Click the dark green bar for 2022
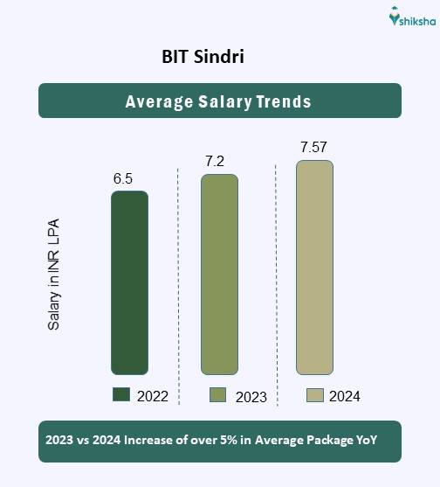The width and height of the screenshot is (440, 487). tap(129, 282)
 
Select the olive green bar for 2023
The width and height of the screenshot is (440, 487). tap(219, 275)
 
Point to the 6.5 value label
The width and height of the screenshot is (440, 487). tap(123, 179)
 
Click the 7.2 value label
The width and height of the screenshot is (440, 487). tap(216, 163)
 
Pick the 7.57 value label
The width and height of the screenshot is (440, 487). tap(313, 147)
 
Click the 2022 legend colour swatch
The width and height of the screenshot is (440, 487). tap(121, 395)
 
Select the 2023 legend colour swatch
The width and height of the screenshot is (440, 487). tap(218, 395)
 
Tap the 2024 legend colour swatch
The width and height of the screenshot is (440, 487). tap(315, 395)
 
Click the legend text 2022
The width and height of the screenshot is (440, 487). tap(153, 396)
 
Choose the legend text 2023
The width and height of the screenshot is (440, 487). tap(251, 397)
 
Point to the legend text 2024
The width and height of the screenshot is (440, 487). tap(345, 396)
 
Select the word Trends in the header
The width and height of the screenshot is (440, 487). tap(283, 101)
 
